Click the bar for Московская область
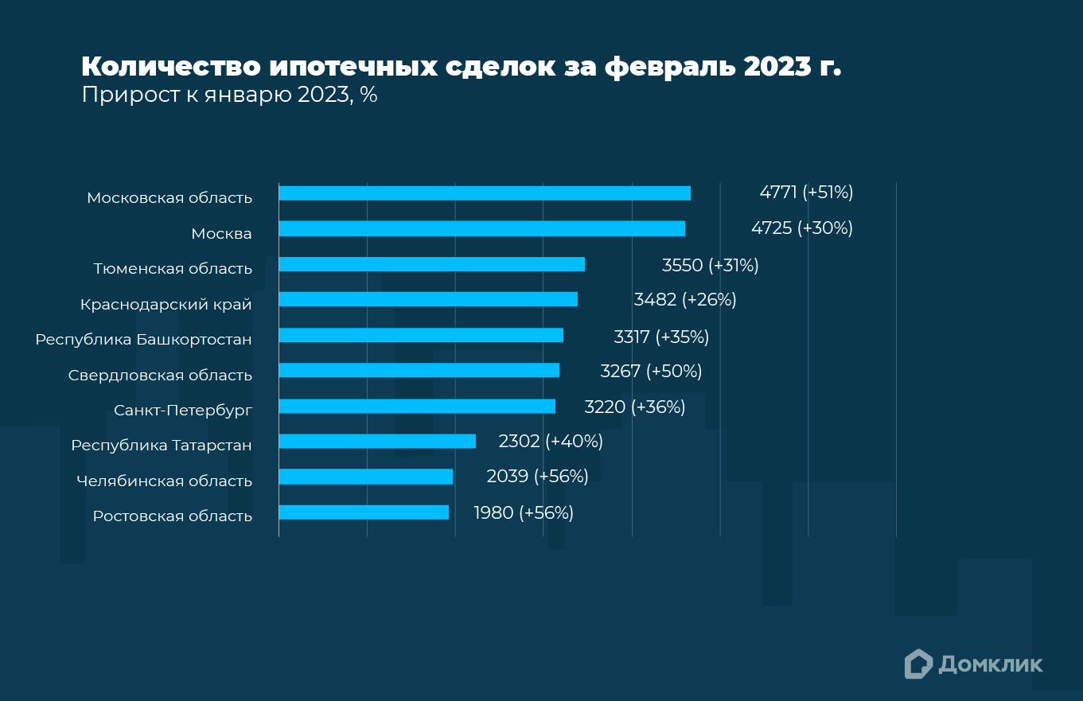pyautogui.click(x=485, y=193)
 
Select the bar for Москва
pyautogui.click(x=481, y=228)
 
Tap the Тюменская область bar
pyautogui.click(x=431, y=264)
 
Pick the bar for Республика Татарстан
pyautogui.click(x=377, y=441)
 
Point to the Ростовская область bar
pyautogui.click(x=364, y=512)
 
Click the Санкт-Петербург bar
pyautogui.click(x=417, y=406)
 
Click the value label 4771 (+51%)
pyautogui.click(x=806, y=193)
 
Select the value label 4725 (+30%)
pyautogui.click(x=801, y=228)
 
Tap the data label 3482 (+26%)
pyautogui.click(x=685, y=300)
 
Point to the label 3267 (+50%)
pyautogui.click(x=651, y=371)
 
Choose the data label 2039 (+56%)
pyautogui.click(x=537, y=477)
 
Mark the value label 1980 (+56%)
pyautogui.click(x=524, y=512)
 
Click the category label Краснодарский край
pyautogui.click(x=166, y=305)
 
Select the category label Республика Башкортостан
pyautogui.click(x=143, y=340)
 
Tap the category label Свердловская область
pyautogui.click(x=160, y=376)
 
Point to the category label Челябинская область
pyautogui.click(x=164, y=481)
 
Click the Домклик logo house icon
pyautogui.click(x=918, y=664)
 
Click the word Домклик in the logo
pyautogui.click(x=991, y=664)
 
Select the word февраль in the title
pyautogui.click(x=671, y=67)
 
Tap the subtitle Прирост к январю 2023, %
pyautogui.click(x=229, y=95)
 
